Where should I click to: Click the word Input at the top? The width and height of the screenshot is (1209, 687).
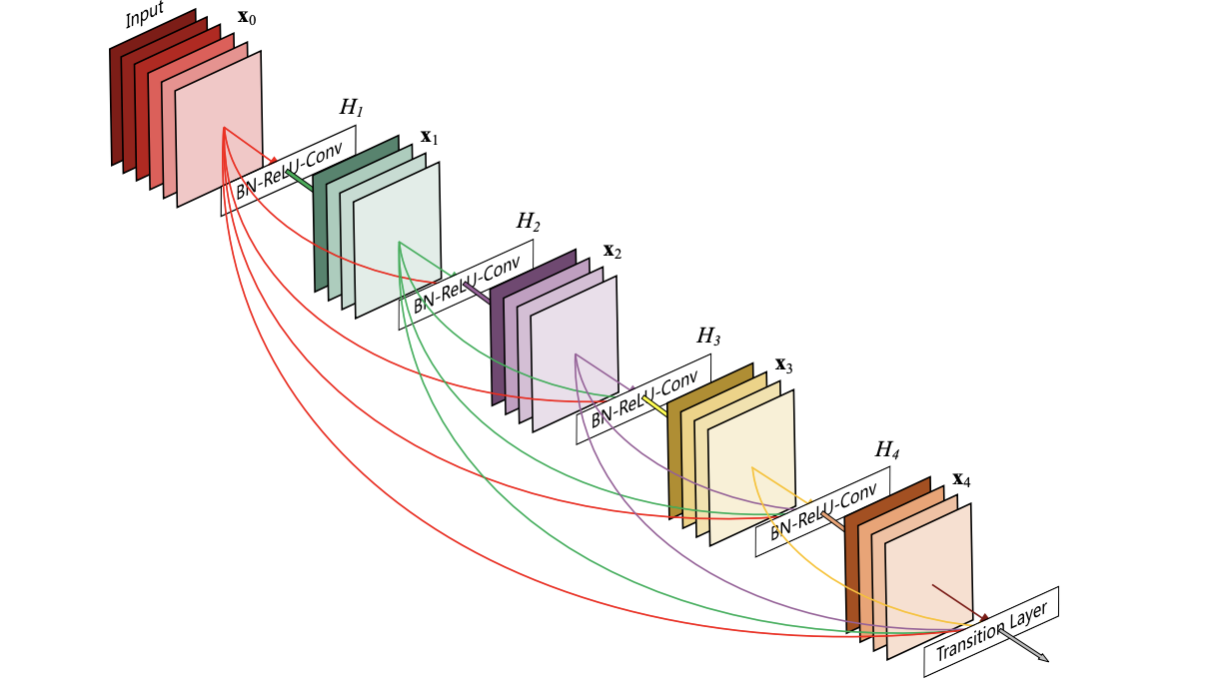144,15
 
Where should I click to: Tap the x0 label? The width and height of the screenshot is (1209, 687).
247,17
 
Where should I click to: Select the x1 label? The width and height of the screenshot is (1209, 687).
429,137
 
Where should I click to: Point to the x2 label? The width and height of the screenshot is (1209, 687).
612,251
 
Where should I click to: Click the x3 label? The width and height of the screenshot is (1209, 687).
783,365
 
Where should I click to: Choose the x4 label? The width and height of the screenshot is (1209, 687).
961,479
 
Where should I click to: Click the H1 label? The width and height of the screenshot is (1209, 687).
351,107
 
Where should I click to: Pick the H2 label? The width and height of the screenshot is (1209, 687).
528,221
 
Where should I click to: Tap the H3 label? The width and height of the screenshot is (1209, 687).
708,336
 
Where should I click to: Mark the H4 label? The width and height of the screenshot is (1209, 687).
887,449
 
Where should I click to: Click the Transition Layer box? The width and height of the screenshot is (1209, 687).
991,631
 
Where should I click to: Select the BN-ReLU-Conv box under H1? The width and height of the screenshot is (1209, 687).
288,171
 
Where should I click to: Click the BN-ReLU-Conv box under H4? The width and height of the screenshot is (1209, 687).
822,511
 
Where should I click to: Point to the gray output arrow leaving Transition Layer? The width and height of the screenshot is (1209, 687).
1023,645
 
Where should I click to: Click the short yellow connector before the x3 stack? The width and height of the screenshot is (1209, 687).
654,406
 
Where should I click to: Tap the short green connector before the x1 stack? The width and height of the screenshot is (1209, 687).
299,180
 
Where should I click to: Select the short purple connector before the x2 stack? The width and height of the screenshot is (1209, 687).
477,292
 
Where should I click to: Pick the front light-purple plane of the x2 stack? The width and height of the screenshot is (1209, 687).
575,353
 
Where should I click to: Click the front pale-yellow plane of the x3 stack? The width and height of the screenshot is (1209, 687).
751,468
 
